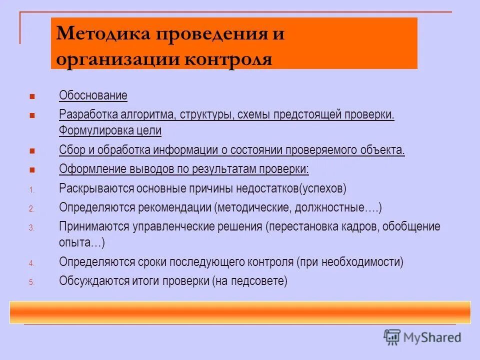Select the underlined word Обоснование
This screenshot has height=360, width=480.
click(x=93, y=95)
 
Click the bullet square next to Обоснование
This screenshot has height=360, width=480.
click(x=32, y=95)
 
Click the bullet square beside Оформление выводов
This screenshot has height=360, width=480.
click(x=32, y=170)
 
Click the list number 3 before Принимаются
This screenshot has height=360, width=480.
click(x=31, y=227)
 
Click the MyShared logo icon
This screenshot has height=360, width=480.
click(x=392, y=336)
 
